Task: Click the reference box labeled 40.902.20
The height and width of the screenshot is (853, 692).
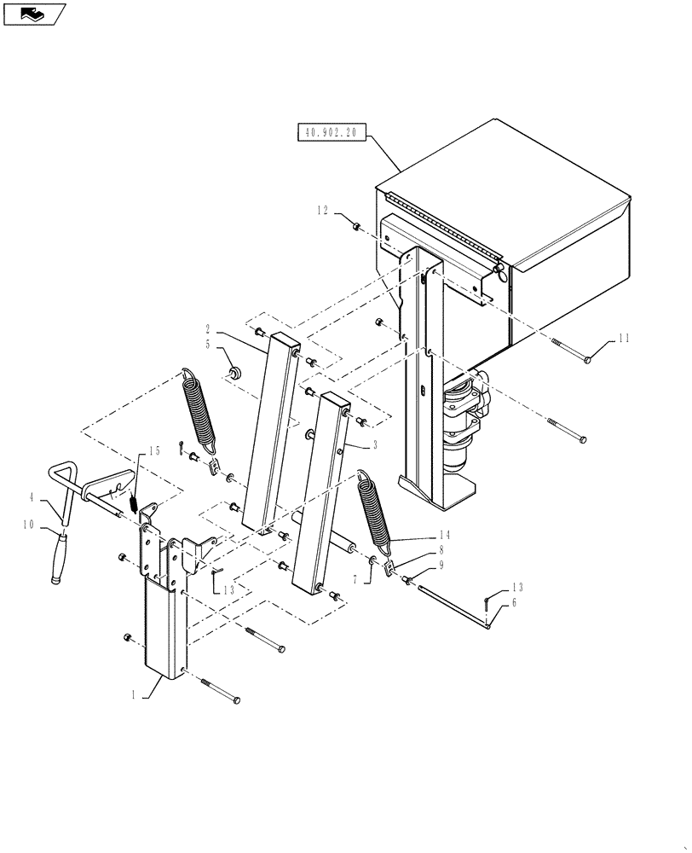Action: pyautogui.click(x=331, y=133)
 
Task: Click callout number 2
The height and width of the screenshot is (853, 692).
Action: pyautogui.click(x=207, y=328)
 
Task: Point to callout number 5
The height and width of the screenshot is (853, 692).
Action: pyautogui.click(x=207, y=345)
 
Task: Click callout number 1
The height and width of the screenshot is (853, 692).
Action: pyautogui.click(x=134, y=695)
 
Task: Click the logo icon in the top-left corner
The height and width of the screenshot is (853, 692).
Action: pyautogui.click(x=33, y=14)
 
